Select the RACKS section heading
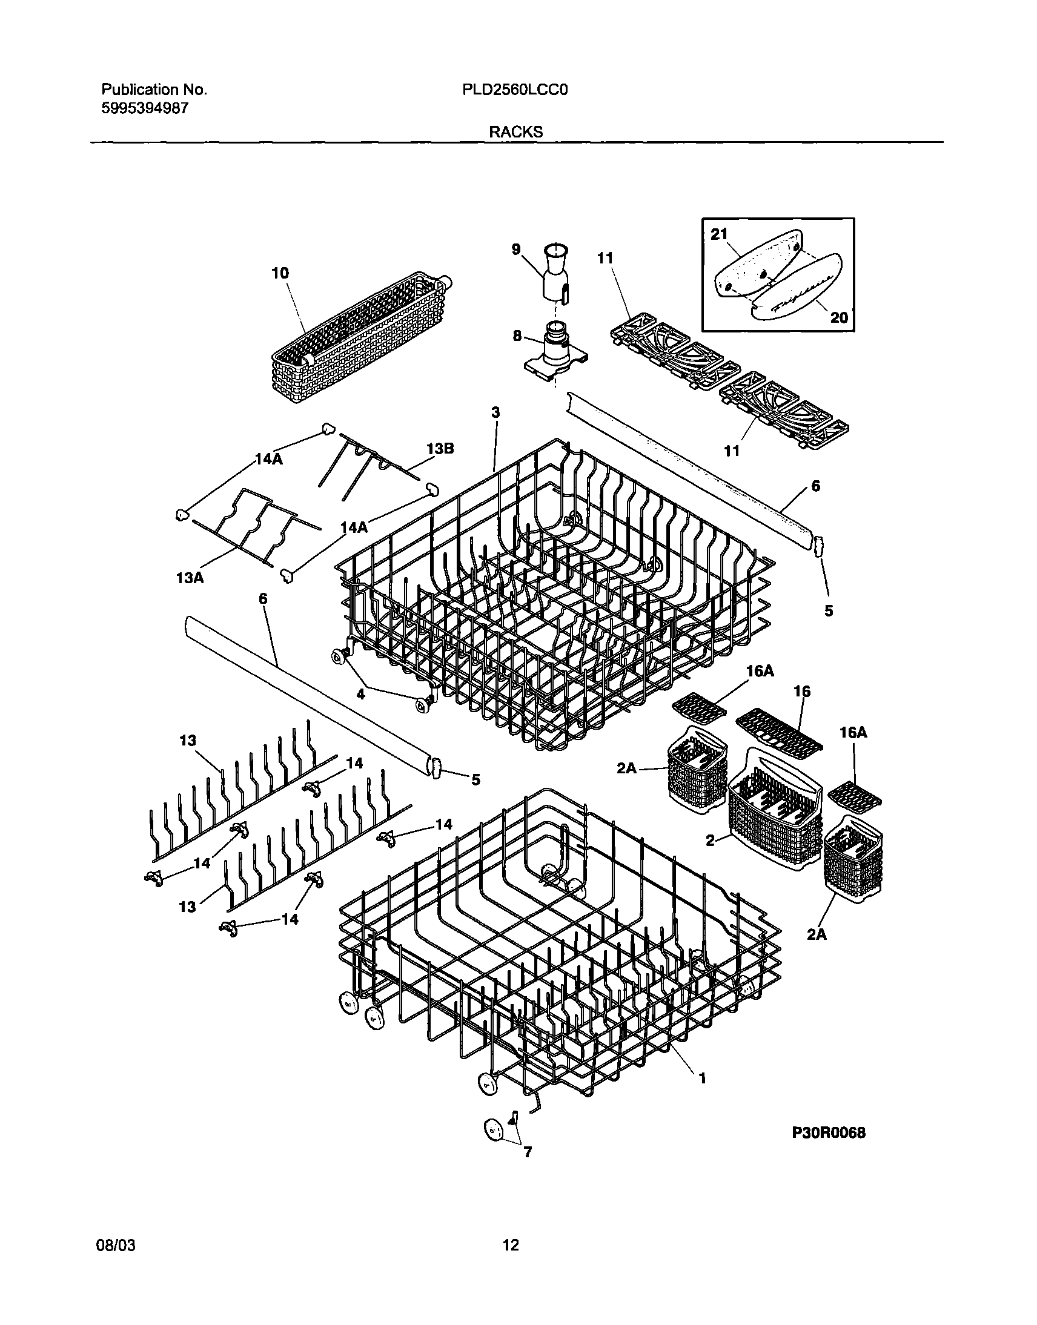click(x=516, y=132)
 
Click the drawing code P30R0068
click(x=828, y=1132)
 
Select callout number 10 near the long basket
click(x=280, y=273)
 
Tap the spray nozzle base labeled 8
click(x=554, y=348)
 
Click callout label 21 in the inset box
click(x=719, y=234)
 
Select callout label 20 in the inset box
click(x=838, y=317)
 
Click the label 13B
click(x=440, y=449)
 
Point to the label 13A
click(x=190, y=578)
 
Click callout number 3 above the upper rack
click(x=495, y=413)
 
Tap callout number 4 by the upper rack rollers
click(x=360, y=695)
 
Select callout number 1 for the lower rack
click(x=703, y=1078)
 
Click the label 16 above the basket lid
click(x=802, y=692)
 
